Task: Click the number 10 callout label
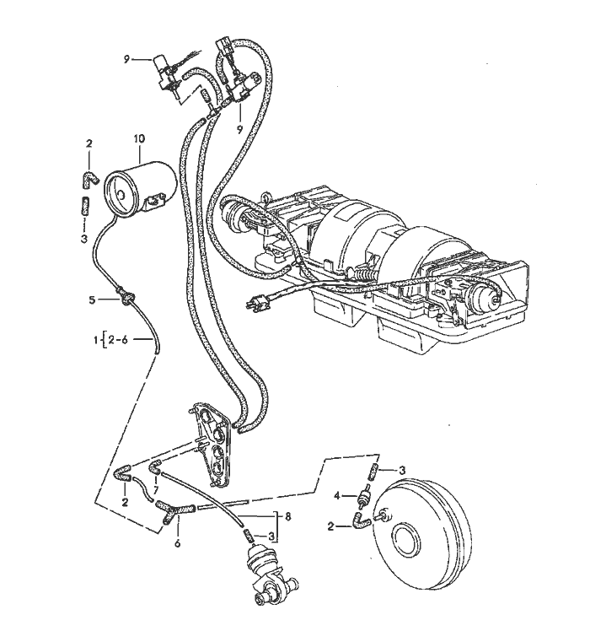[x=139, y=138]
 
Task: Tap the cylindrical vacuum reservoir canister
[x=139, y=186]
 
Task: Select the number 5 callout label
[x=93, y=299]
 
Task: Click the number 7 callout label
[x=155, y=490]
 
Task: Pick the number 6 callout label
[x=178, y=544]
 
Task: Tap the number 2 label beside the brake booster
[x=332, y=526]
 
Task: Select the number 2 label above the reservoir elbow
[x=88, y=144]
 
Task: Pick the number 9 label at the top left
[x=127, y=58]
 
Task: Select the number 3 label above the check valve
[x=403, y=470]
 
